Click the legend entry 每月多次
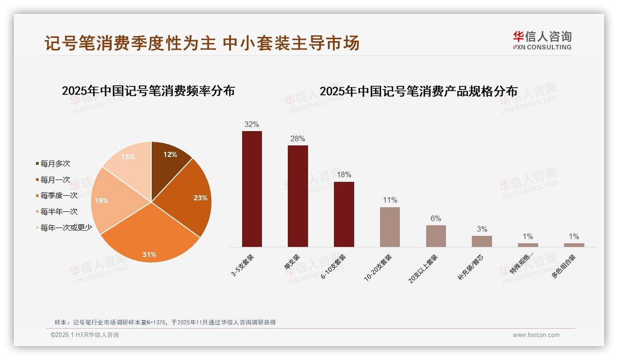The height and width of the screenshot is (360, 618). tap(55, 164)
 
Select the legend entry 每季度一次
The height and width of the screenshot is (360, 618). tap(59, 196)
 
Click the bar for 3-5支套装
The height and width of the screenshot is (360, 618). tap(252, 189)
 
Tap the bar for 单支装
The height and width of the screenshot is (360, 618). tap(298, 196)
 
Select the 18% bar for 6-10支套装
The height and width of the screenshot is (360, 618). tap(344, 215)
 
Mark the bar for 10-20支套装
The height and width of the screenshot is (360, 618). tap(390, 227)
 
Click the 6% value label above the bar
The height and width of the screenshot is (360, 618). tap(436, 219)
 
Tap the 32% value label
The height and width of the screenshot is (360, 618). tap(252, 125)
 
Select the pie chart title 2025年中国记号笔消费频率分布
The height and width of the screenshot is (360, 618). tap(149, 91)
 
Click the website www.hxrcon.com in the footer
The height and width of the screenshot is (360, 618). tap(536, 335)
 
